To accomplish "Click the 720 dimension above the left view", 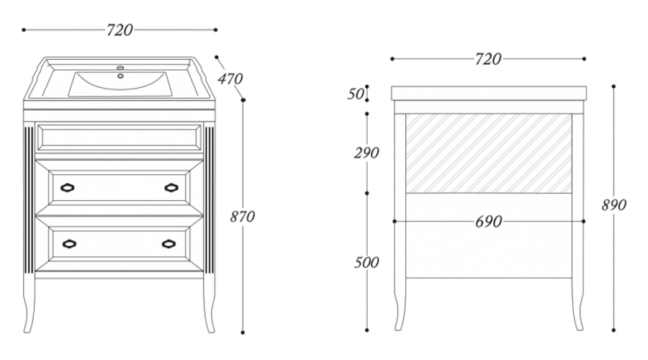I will [120, 30].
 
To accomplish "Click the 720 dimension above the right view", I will [487, 59].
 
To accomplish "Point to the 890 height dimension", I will [613, 204].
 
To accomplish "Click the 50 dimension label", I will [356, 94].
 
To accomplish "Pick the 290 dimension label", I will [366, 153].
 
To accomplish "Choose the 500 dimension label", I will [366, 262].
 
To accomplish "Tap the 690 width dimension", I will [488, 222].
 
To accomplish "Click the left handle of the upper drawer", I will [68, 188].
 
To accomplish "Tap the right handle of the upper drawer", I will [171, 188].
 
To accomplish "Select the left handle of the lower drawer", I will [68, 243].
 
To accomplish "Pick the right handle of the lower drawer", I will [169, 243].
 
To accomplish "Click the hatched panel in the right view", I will [489, 153].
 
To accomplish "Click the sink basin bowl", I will [120, 85].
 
